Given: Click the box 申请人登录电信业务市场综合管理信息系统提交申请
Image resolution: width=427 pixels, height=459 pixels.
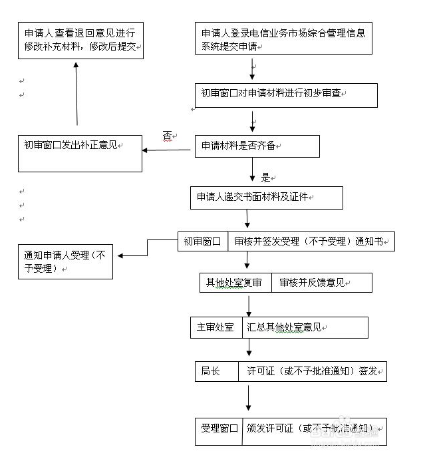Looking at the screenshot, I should coord(283,39).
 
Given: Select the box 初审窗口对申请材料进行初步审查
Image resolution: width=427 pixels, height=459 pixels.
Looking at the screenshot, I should coord(285,95).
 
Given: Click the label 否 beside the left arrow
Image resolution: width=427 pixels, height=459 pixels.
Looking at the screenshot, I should coord(167,135).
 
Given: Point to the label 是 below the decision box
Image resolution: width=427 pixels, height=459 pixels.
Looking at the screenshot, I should coord(265,178).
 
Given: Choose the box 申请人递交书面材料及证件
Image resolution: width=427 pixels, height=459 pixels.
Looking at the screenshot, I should coord(267,198).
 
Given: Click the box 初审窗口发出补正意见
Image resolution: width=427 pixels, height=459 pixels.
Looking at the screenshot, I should coord(80,154).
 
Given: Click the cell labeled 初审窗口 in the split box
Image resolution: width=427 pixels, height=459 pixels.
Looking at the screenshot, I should coord(202,241).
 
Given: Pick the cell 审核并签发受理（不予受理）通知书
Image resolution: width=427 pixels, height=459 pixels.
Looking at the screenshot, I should coord(311,241).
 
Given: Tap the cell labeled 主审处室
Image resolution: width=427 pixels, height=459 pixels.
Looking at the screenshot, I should coord(215,327).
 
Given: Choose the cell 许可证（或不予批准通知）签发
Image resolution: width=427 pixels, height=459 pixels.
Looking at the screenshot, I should coord(313,371).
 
